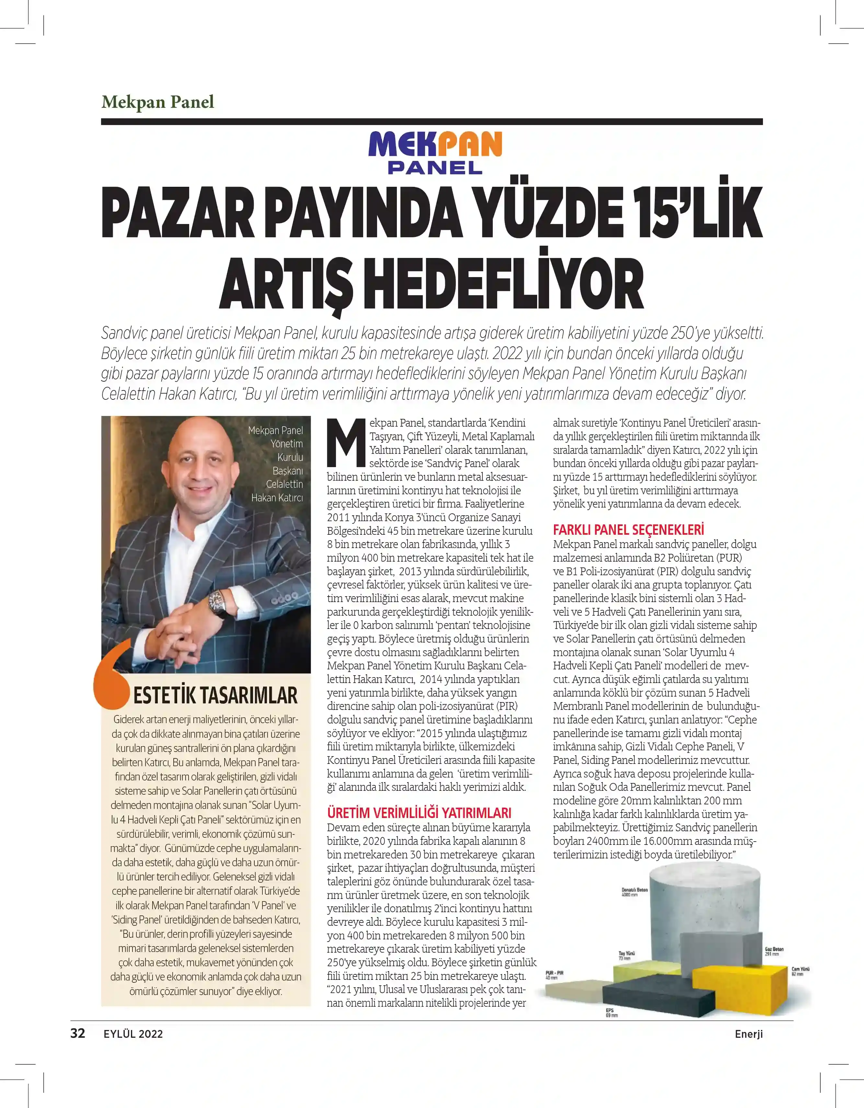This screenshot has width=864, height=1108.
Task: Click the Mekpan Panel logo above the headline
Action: click(x=435, y=152)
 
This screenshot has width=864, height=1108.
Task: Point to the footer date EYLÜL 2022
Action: click(x=133, y=1034)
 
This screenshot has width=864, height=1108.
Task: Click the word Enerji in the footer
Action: click(x=748, y=1034)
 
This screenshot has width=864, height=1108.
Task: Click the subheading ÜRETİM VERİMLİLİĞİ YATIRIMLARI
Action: click(x=419, y=813)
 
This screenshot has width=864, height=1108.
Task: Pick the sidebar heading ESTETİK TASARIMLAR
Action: click(x=215, y=695)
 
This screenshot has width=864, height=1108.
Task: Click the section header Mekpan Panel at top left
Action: click(x=158, y=102)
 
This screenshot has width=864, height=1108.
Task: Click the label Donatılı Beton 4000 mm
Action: click(x=635, y=892)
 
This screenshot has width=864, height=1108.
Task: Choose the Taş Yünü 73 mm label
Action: click(x=627, y=955)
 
